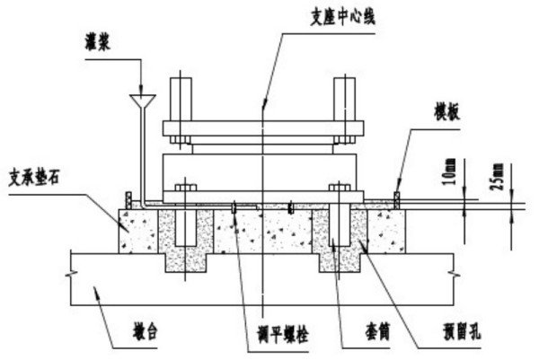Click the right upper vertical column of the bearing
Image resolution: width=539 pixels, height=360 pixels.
pos(345,103)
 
